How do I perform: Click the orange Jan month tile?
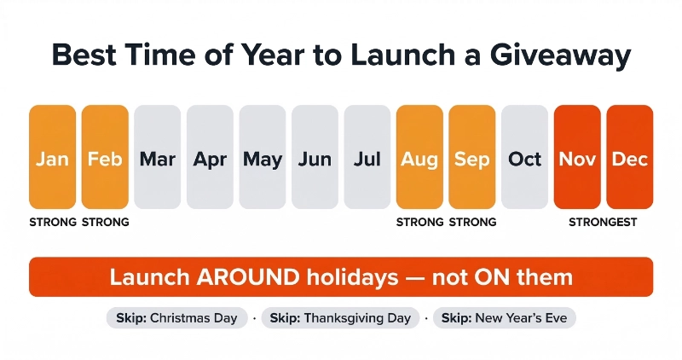[52, 158]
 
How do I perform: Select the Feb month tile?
[105, 158]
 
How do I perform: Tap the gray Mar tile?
[157, 158]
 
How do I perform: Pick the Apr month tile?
[210, 158]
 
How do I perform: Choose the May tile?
[263, 158]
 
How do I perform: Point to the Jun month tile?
[315, 158]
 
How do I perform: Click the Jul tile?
[367, 158]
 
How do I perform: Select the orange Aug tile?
[419, 158]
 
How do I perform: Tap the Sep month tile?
[472, 158]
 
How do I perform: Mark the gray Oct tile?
[524, 158]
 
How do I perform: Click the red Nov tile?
[577, 158]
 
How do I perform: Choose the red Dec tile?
[630, 158]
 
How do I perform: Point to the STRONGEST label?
[604, 223]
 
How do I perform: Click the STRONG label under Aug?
[419, 223]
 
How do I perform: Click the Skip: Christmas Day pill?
[177, 318]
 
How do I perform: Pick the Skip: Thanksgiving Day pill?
[340, 318]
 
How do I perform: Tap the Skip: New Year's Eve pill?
[505, 318]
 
